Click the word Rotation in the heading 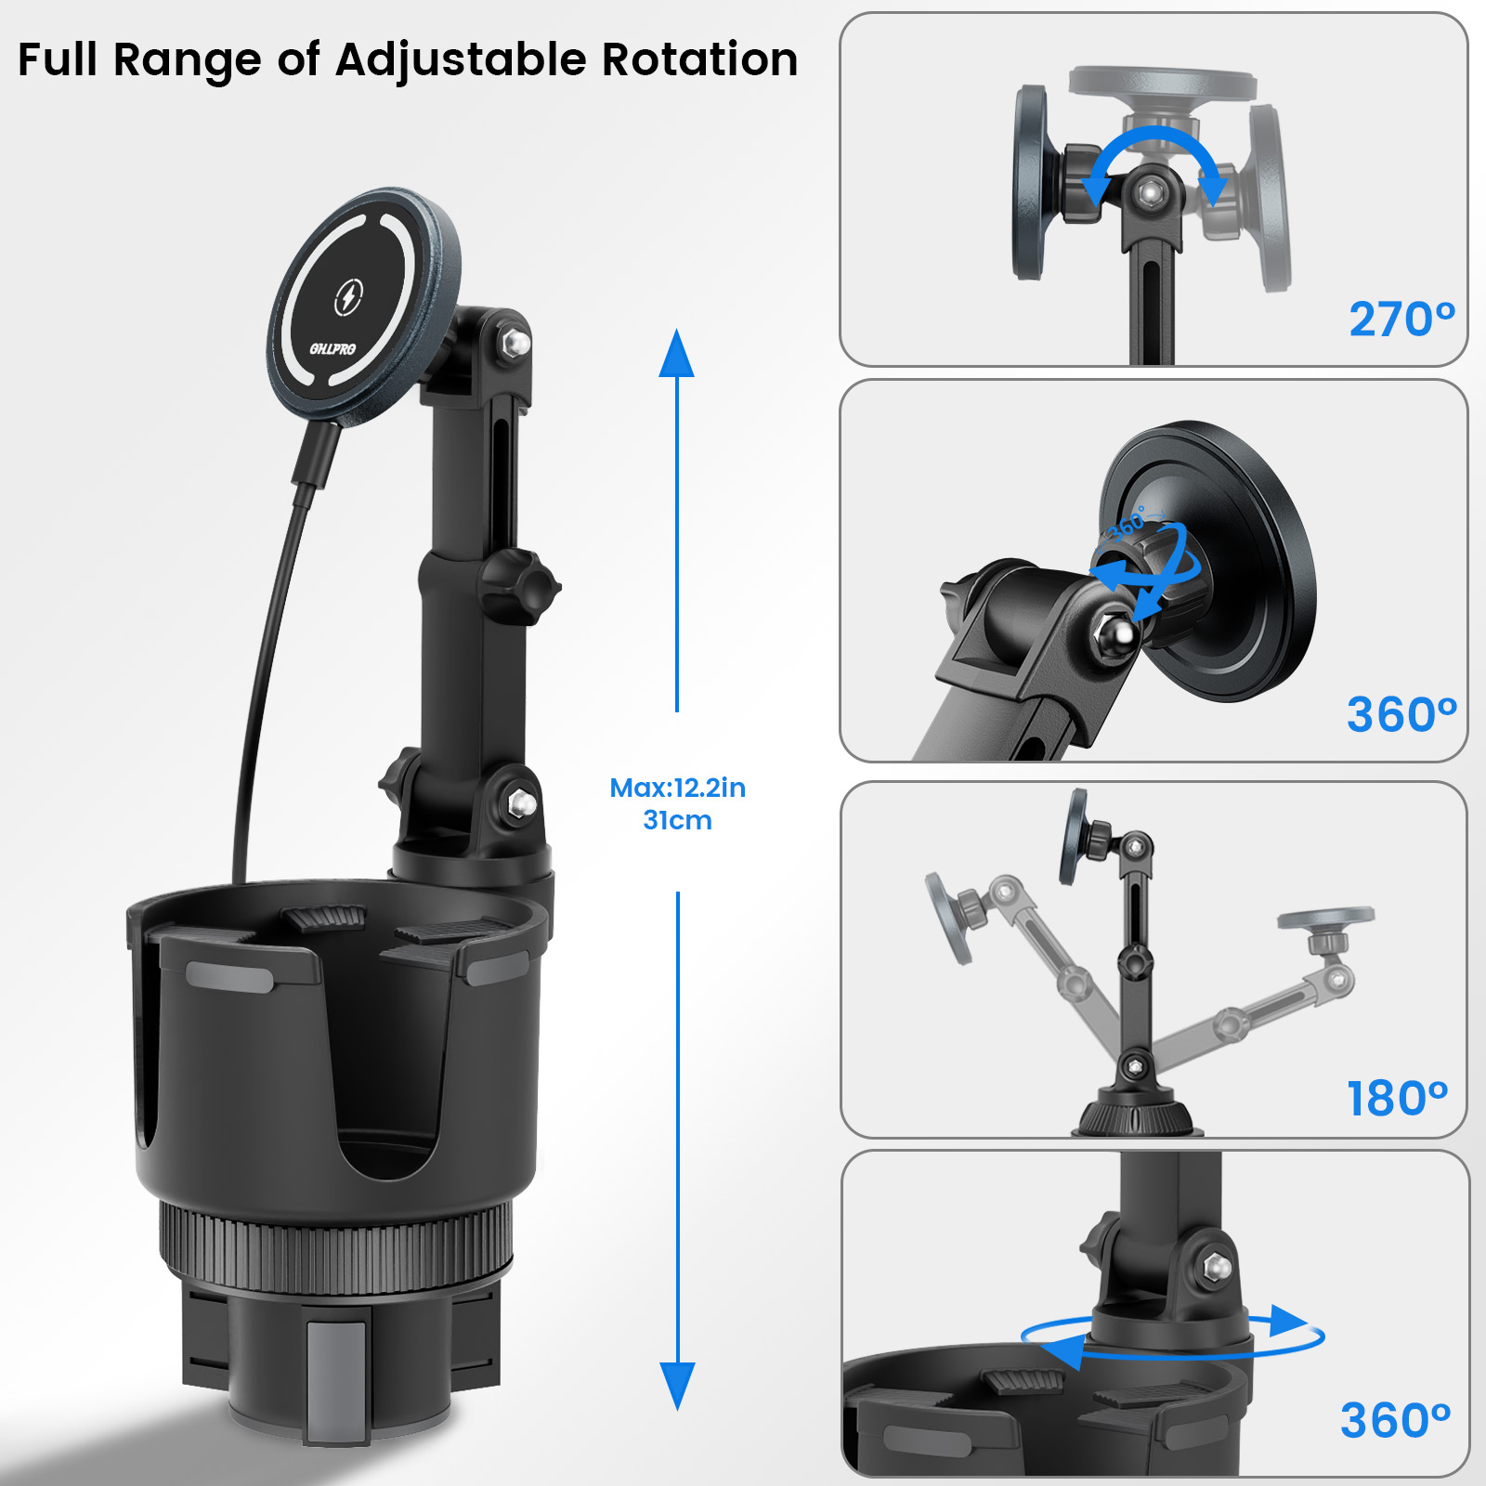[x=699, y=59]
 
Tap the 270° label [x=1402, y=319]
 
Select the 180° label [x=1398, y=1099]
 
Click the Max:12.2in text [x=677, y=788]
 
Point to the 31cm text [x=677, y=820]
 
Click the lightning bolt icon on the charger [x=348, y=297]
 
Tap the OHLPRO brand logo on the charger [x=332, y=349]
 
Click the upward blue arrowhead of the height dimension [x=677, y=353]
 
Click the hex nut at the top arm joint [x=516, y=343]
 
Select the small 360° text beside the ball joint [x=1129, y=523]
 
